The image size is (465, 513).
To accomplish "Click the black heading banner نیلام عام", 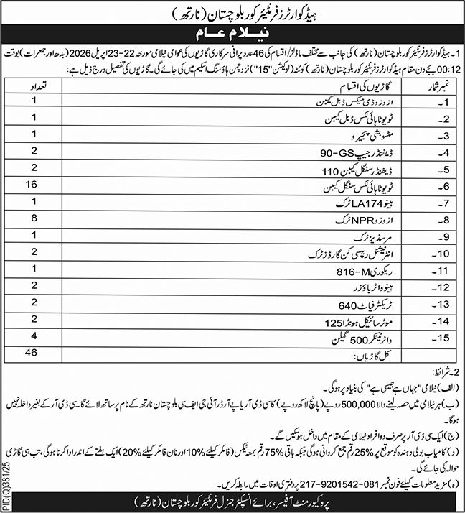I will [x=232, y=34].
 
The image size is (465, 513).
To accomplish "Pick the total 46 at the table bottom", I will [x=30, y=353].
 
